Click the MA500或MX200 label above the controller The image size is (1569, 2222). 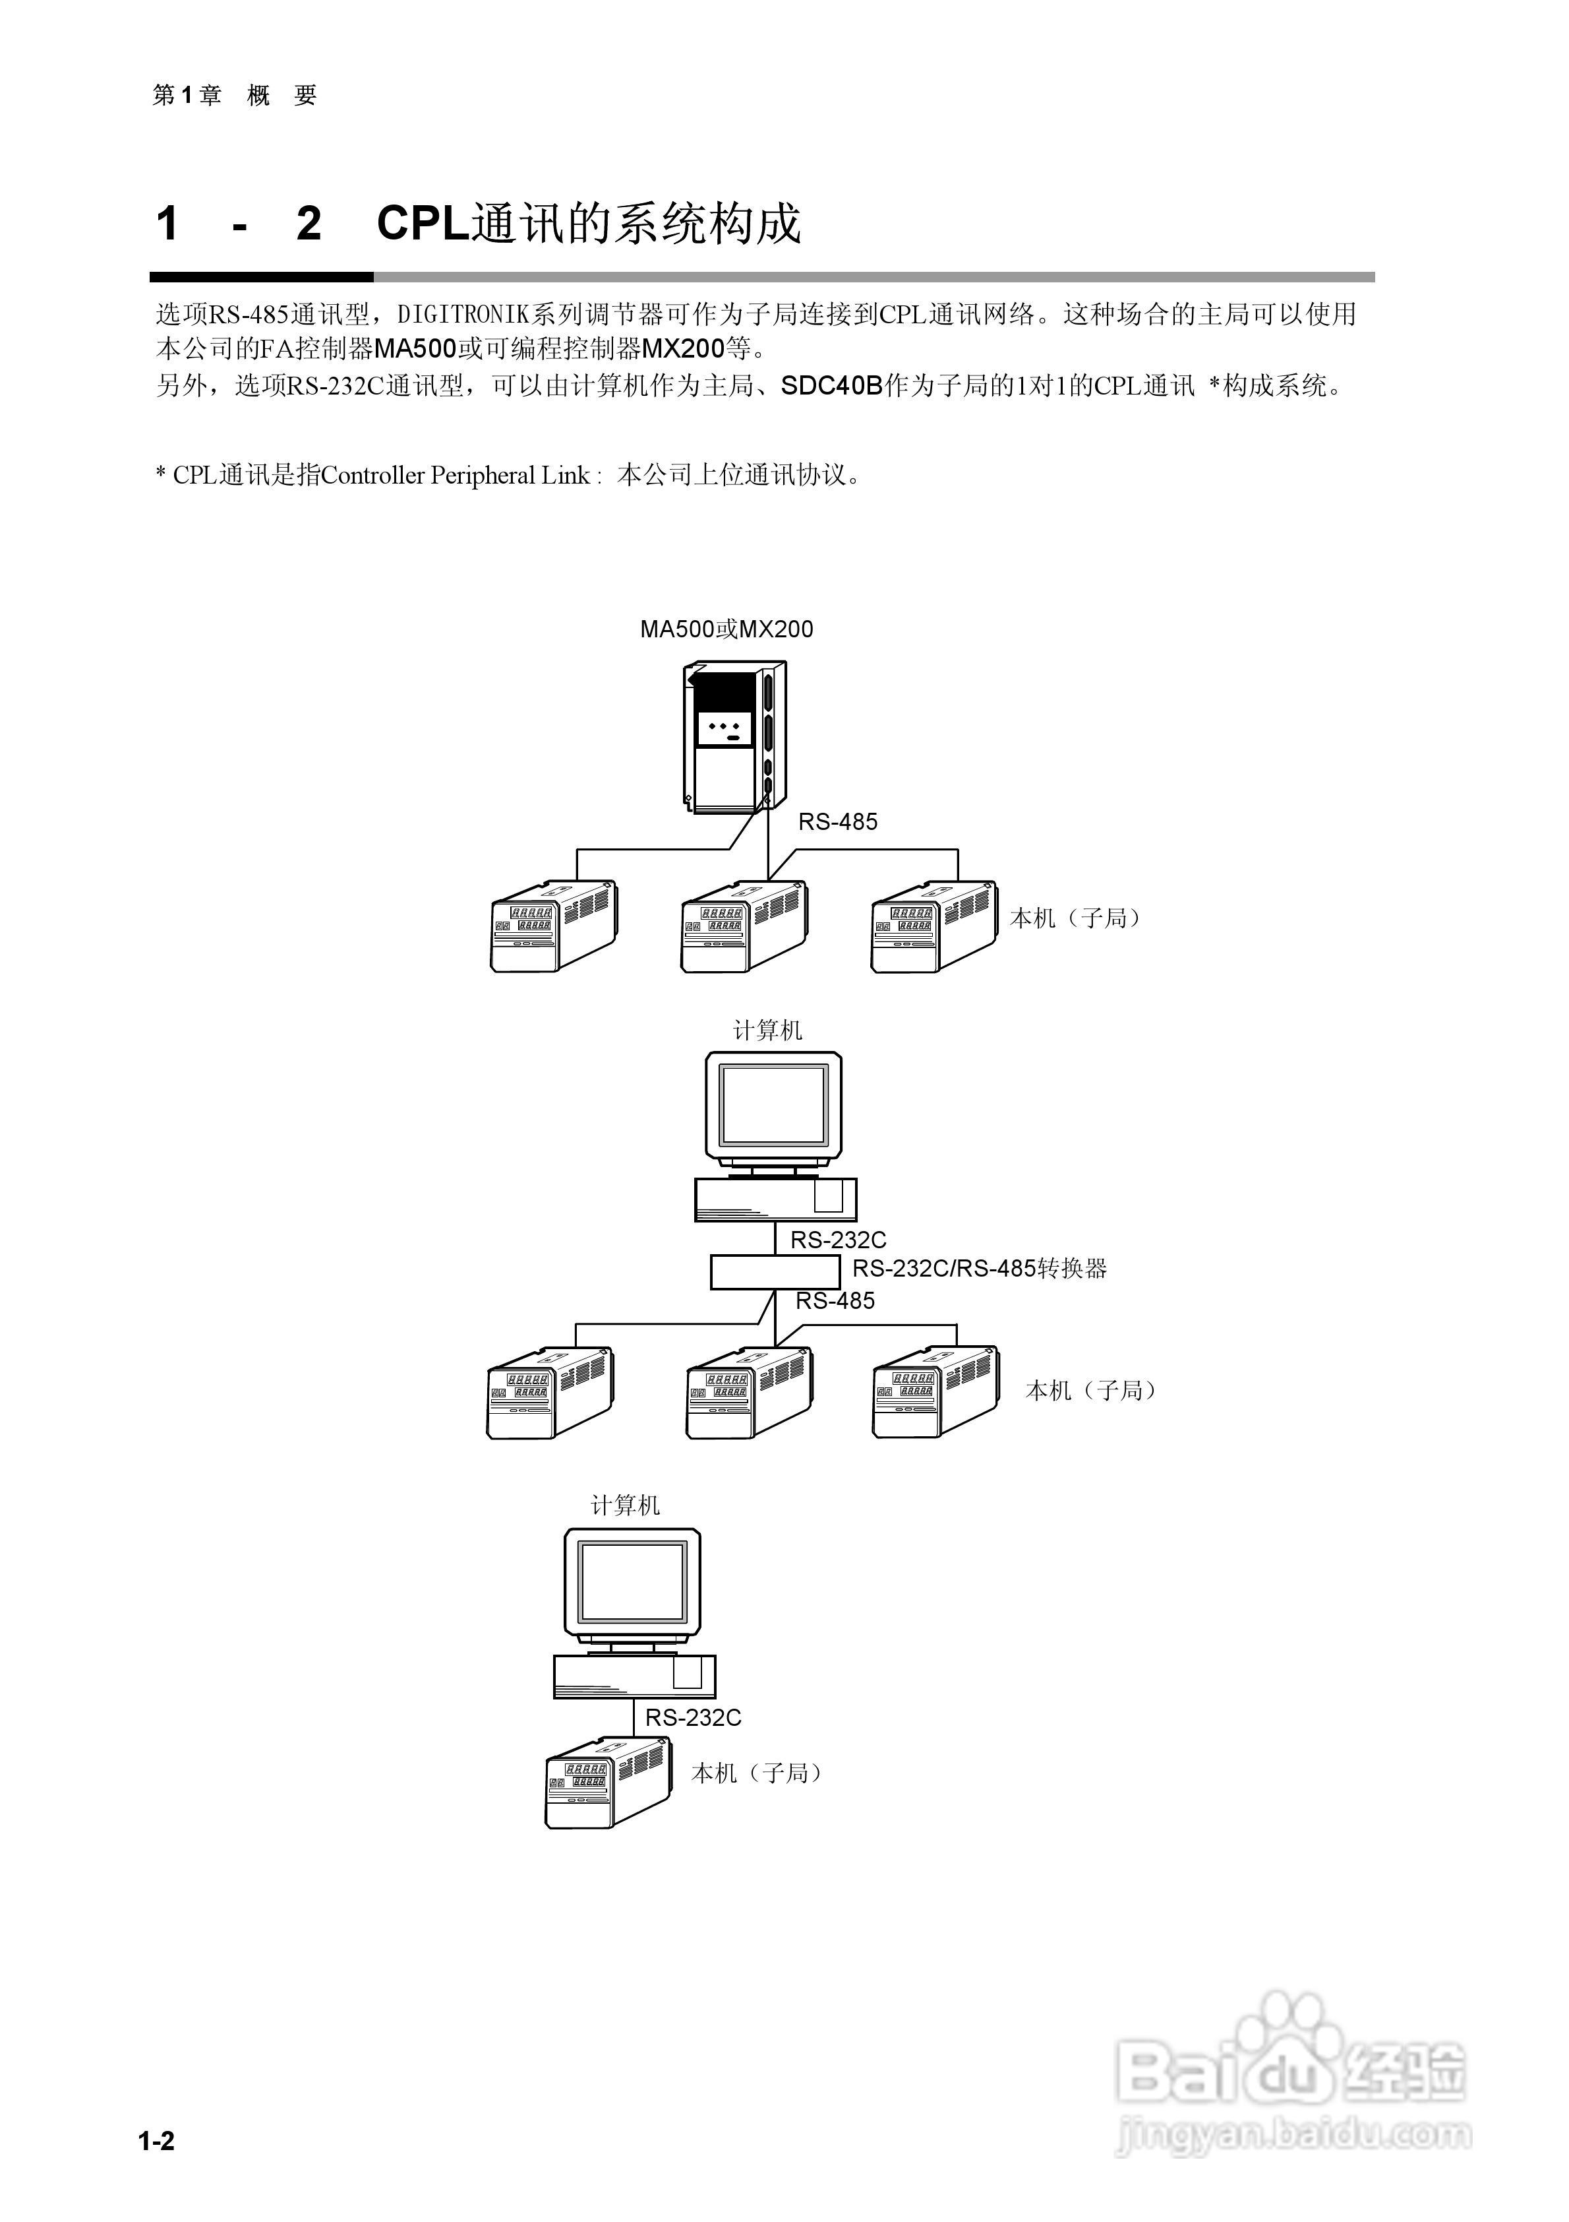pyautogui.click(x=726, y=629)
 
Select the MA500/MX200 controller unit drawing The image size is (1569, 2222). pyautogui.click(x=734, y=738)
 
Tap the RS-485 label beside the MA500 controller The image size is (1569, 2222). pyautogui.click(x=838, y=821)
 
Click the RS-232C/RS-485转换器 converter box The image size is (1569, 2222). pyautogui.click(x=775, y=1272)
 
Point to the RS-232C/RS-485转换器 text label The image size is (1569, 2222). pyautogui.click(x=979, y=1268)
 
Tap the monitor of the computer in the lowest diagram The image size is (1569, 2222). pyautogui.click(x=632, y=1582)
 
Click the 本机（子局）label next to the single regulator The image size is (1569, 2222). pyautogui.click(x=755, y=1772)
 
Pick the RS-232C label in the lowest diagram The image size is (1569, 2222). pyautogui.click(x=694, y=1718)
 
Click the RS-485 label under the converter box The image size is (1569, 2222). pyautogui.click(x=835, y=1302)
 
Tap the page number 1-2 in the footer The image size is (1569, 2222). pyautogui.click(x=157, y=2141)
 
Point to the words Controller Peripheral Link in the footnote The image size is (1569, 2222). pyautogui.click(x=455, y=475)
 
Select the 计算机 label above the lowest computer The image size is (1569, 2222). pyautogui.click(x=626, y=1505)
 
